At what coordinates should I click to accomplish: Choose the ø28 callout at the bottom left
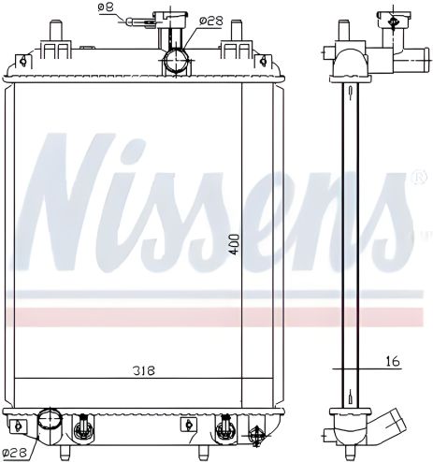[14, 453]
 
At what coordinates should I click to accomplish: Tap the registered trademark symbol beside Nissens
[416, 175]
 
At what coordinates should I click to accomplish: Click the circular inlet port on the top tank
[175, 61]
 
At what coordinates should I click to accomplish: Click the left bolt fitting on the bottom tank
[81, 427]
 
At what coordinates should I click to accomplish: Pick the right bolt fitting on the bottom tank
[224, 427]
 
